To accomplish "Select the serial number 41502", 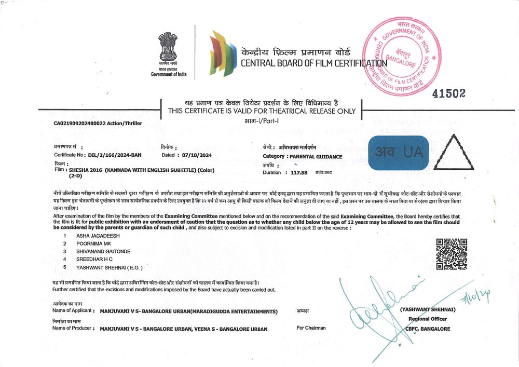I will pyautogui.click(x=449, y=93).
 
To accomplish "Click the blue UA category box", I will pyautogui.click(x=399, y=153).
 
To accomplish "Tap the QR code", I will pyautogui.click(x=451, y=254).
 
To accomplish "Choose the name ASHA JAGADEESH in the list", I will pyautogui.click(x=99, y=236).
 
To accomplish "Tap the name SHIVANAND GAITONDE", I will pyautogui.click(x=103, y=251).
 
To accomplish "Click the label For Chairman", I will pyautogui.click(x=311, y=328).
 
